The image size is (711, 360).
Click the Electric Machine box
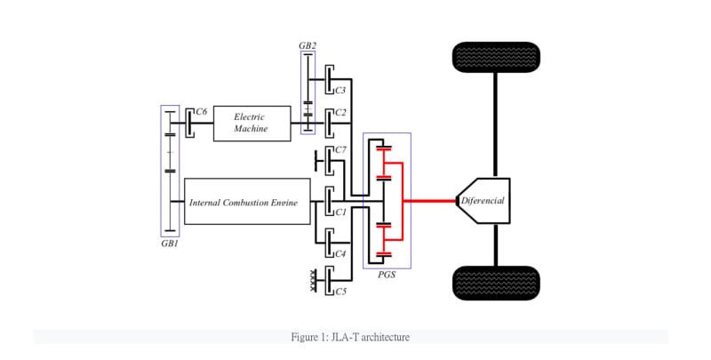point(252,123)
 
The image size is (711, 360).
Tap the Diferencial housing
point(483,200)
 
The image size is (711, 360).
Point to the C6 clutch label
point(202,111)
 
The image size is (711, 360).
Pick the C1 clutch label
point(340,212)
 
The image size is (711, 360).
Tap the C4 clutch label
point(340,252)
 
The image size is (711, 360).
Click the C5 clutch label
point(340,291)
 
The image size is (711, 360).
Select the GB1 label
point(170,243)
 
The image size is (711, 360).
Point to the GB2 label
point(308,44)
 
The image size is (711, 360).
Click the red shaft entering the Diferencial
point(433,201)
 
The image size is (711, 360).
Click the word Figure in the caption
point(305,338)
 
